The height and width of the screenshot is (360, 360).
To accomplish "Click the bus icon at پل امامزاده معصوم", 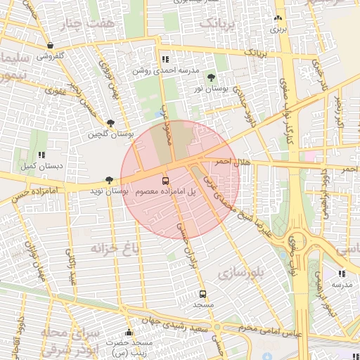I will click(165, 180).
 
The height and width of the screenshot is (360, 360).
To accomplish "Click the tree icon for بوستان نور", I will click(212, 77).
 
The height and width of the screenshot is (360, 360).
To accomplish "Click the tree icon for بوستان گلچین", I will click(110, 123).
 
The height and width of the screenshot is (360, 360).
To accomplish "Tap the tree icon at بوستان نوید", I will click(108, 181).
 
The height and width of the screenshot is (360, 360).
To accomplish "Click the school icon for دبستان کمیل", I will click(41, 155).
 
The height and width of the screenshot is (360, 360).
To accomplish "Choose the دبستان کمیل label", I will click(38, 166).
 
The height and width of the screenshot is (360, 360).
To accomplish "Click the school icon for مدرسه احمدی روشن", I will click(165, 60).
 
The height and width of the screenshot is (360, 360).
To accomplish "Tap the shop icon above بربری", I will click(279, 18).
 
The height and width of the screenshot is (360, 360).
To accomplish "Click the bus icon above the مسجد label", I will click(203, 294).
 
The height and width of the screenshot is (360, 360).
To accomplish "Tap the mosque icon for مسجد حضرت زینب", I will click(128, 333).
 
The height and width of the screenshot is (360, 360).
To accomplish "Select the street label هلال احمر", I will click(233, 162).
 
